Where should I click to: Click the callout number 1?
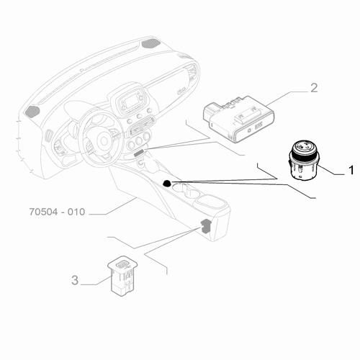(x=351, y=171)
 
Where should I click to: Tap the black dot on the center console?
(x=167, y=184)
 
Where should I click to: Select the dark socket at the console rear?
(x=207, y=227)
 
